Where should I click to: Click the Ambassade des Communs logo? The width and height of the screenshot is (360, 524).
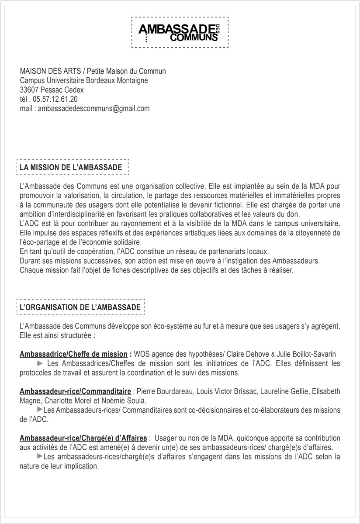[180, 33]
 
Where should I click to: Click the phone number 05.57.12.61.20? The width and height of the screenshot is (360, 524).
[55, 99]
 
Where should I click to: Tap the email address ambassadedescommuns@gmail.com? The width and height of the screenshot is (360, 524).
[93, 108]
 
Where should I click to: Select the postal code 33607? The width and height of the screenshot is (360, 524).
[28, 90]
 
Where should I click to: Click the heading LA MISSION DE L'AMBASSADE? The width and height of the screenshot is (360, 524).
[71, 167]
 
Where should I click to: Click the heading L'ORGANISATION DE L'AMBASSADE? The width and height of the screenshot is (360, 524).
[80, 307]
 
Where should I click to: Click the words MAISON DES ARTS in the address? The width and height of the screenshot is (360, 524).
[49, 71]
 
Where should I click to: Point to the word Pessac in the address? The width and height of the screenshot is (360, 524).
[53, 90]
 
